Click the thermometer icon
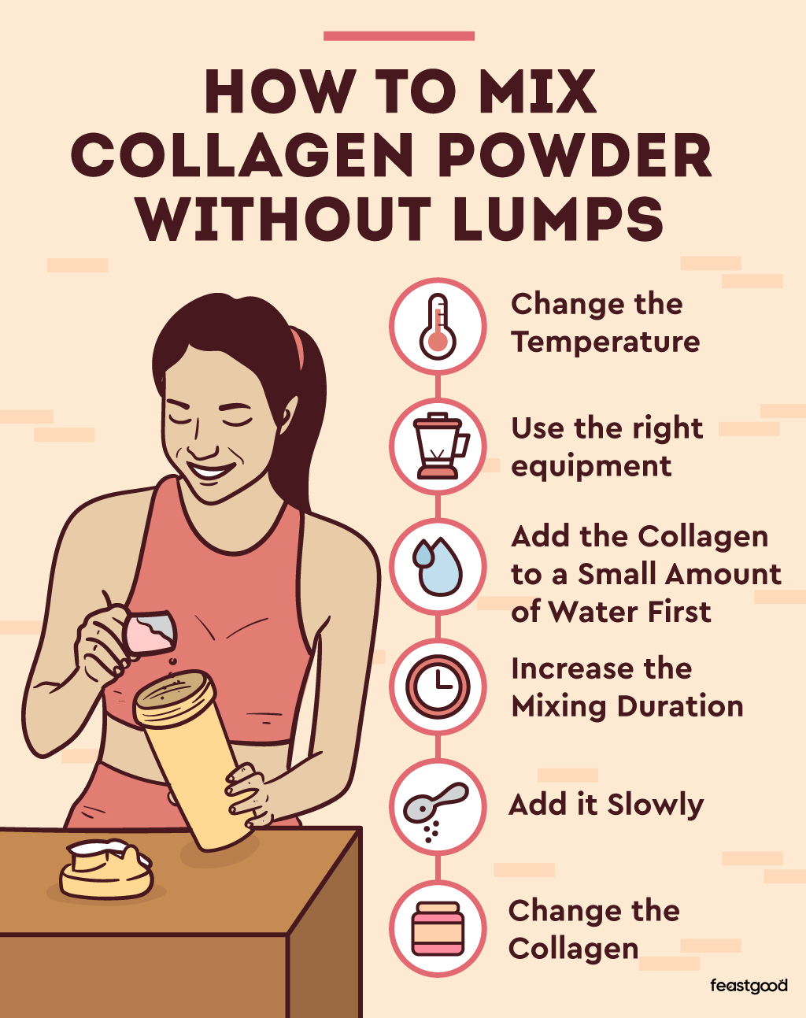(x=438, y=326)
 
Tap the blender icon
(x=438, y=446)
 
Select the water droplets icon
(x=438, y=566)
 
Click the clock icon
(x=438, y=687)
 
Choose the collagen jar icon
(x=438, y=929)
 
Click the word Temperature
(x=604, y=342)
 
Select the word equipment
(x=591, y=466)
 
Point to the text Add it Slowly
(x=606, y=805)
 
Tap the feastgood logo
(x=748, y=986)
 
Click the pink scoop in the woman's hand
(x=150, y=629)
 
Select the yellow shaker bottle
(x=197, y=756)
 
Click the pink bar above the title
(x=399, y=36)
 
